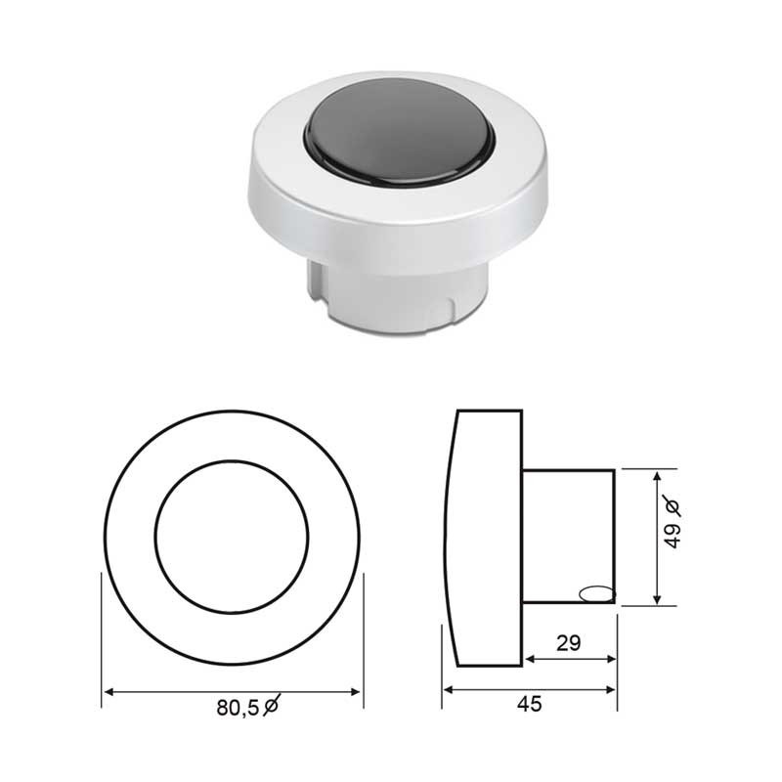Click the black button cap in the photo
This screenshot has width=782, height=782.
(x=399, y=132)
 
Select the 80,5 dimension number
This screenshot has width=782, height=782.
(x=238, y=708)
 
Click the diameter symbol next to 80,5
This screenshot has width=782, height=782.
(x=271, y=705)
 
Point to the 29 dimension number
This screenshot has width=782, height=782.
(x=569, y=643)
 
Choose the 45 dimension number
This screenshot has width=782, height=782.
(x=529, y=704)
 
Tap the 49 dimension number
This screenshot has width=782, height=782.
(x=673, y=536)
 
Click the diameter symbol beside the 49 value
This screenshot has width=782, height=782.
(x=672, y=506)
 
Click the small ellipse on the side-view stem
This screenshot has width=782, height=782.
(x=596, y=593)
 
